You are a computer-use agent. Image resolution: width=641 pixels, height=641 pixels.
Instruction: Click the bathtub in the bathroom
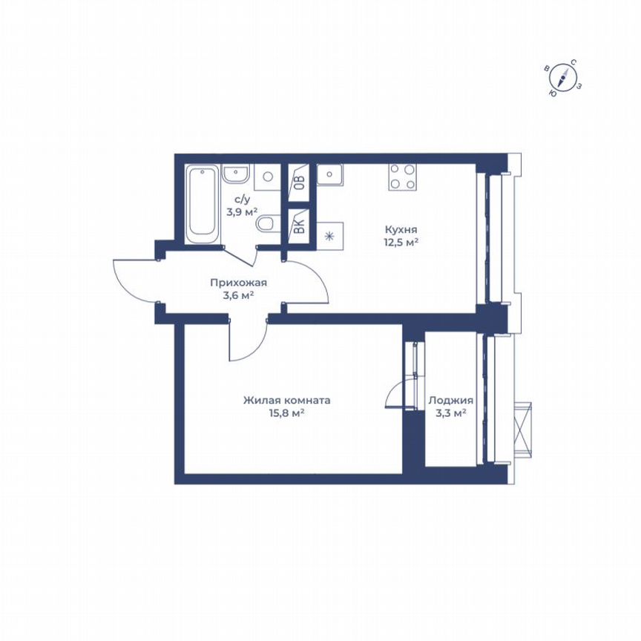pyautogui.click(x=202, y=203)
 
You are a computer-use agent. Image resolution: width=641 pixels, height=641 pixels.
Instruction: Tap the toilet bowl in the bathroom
pyautogui.click(x=268, y=225)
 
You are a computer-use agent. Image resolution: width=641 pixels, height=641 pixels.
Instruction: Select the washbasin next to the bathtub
pyautogui.click(x=235, y=175)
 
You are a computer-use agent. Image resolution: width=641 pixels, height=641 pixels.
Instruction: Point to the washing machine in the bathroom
pyautogui.click(x=267, y=177)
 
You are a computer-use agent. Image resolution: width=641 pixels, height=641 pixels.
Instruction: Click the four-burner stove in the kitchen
pyautogui.click(x=402, y=177)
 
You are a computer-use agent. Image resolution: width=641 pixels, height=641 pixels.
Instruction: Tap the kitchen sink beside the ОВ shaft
pyautogui.click(x=329, y=175)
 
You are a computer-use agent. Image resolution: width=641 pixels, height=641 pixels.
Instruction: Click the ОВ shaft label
pyautogui.click(x=299, y=181)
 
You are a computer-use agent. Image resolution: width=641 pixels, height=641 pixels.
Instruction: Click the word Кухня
pyautogui.click(x=401, y=229)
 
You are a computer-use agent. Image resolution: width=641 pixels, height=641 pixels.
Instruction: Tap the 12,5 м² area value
pyautogui.click(x=401, y=241)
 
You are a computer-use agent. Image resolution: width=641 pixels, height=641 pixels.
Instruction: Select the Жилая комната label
pyautogui.click(x=286, y=400)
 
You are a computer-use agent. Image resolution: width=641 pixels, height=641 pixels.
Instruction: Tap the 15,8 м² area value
pyautogui.click(x=287, y=412)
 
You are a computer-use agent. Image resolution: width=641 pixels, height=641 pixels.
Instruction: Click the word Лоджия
pyautogui.click(x=450, y=401)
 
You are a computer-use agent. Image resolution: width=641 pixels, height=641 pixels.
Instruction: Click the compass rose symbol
pyautogui.click(x=565, y=77)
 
